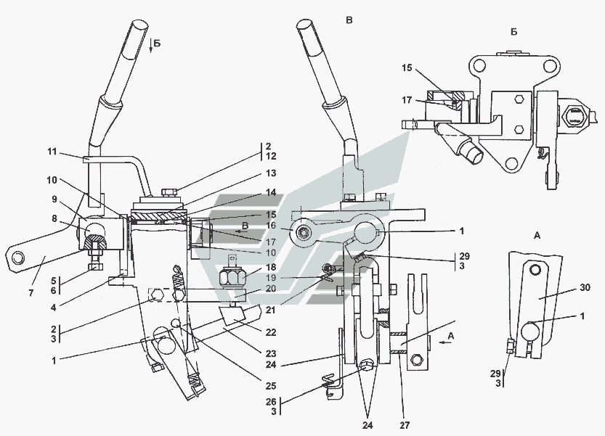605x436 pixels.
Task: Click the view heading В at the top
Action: (x=349, y=20)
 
